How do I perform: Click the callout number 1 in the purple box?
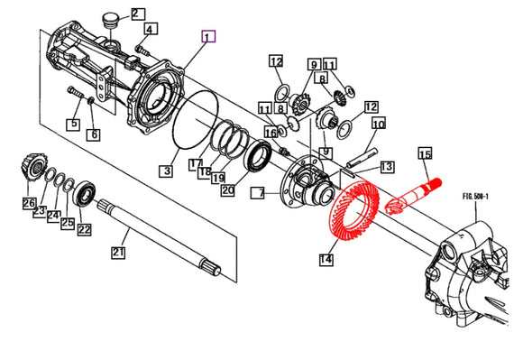(208, 37)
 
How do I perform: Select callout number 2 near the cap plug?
(137, 14)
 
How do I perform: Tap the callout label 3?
(167, 170)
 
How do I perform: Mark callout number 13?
(386, 167)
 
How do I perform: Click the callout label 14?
(326, 260)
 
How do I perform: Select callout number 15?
(425, 154)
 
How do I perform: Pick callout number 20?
(227, 190)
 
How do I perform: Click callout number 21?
(117, 254)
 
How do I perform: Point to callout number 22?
(85, 229)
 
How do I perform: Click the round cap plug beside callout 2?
(113, 17)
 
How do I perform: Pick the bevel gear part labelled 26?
(30, 168)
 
